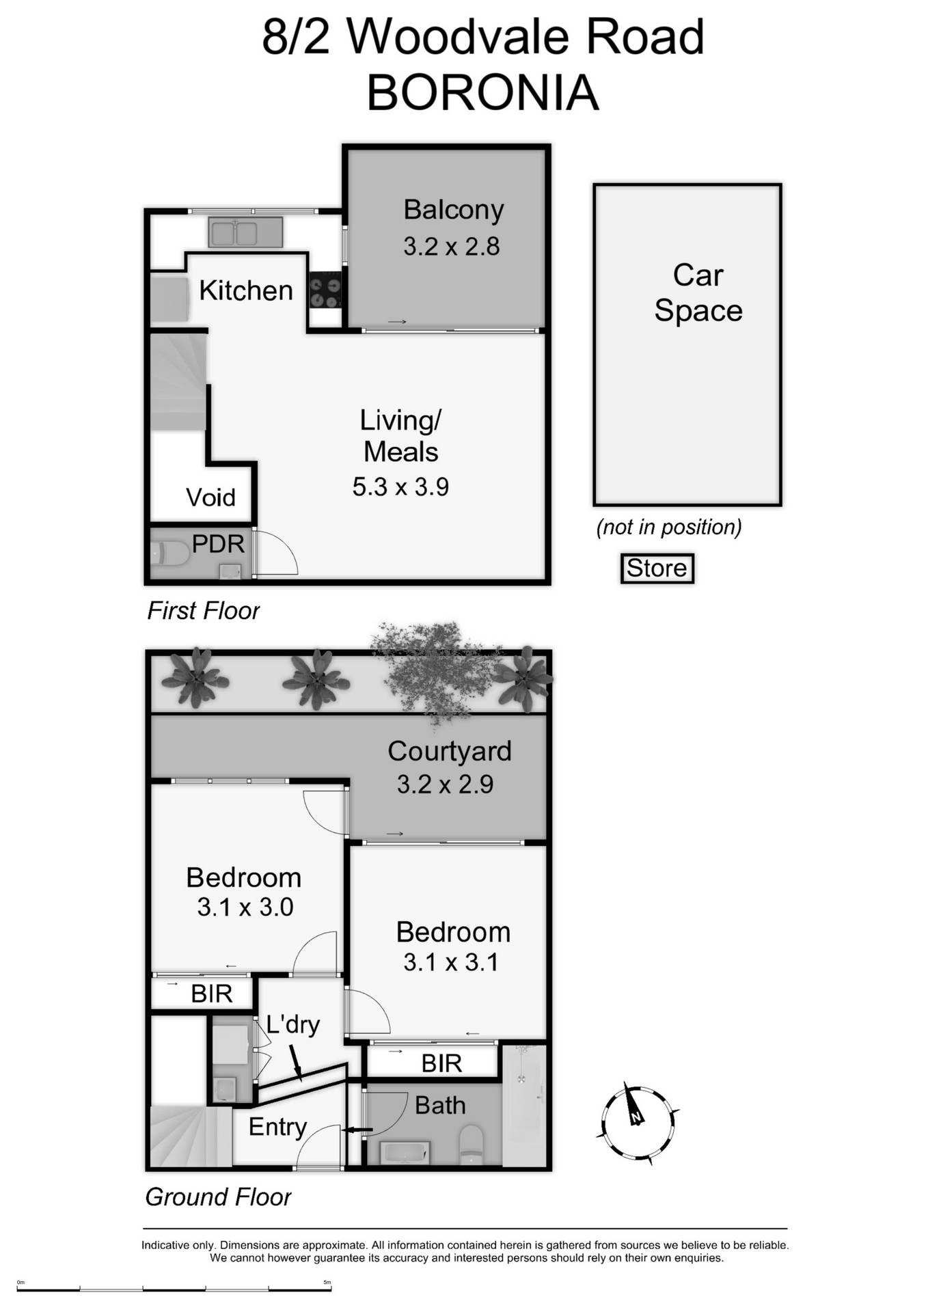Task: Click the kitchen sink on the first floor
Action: coord(245,232)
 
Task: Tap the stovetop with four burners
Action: coord(325,291)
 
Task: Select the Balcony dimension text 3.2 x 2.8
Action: coord(451,246)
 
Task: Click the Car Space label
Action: coord(698,292)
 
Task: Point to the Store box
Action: coord(657,569)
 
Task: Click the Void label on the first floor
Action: coord(210,497)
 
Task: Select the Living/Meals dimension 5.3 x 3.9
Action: coord(400,487)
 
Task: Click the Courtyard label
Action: coord(449,751)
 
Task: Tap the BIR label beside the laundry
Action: coord(212,994)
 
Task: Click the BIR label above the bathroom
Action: coord(441,1063)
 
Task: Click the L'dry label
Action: coord(293,1024)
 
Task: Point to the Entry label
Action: coord(277,1127)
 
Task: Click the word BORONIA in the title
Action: coord(482,93)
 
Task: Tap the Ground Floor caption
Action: coord(218,1197)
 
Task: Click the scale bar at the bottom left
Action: coord(174,1289)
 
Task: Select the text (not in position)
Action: coord(668,527)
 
